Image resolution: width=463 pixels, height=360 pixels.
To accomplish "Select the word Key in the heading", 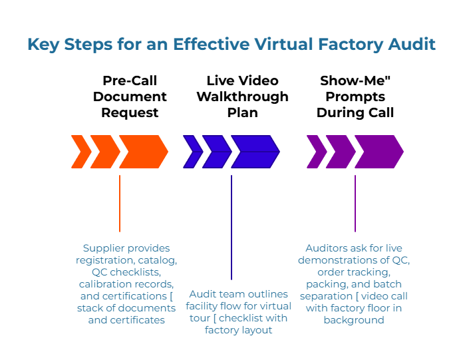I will [x=41, y=45].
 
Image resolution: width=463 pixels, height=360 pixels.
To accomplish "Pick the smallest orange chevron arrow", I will [x=80, y=152].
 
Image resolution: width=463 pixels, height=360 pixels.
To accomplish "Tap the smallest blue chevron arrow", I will [x=192, y=152].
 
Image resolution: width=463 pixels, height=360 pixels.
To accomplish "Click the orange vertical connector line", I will [x=120, y=203].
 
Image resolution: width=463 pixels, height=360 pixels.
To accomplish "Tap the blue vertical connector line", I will [x=231, y=226].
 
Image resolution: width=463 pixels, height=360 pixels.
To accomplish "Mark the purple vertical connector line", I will [x=355, y=203].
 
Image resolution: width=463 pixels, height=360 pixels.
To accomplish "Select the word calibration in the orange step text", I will [x=105, y=284].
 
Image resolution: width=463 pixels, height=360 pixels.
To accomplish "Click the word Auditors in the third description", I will [x=327, y=248].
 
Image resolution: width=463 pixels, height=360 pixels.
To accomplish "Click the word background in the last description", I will [x=354, y=320].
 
